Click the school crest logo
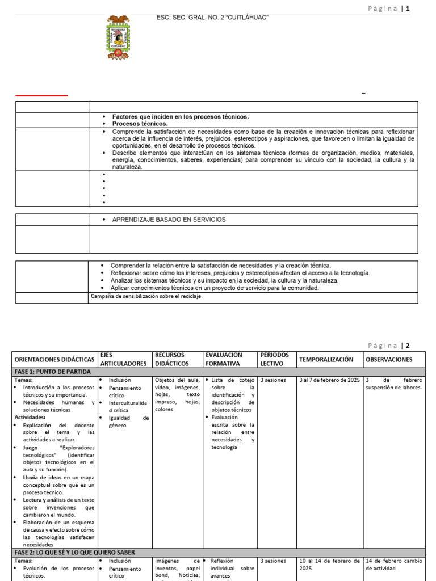[x=118, y=37]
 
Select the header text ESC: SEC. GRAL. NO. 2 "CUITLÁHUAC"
[x=212, y=18]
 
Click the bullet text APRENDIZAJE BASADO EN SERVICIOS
[x=169, y=220]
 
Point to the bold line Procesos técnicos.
[x=140, y=124]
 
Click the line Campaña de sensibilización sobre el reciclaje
[x=146, y=296]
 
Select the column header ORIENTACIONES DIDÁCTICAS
[x=54, y=360]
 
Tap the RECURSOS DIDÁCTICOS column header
[x=173, y=359]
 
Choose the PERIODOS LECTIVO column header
[x=275, y=359]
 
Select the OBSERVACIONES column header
[x=389, y=360]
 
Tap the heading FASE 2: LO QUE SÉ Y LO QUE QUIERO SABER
[x=74, y=552]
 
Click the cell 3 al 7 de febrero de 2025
[x=329, y=380]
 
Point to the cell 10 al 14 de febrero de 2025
[x=329, y=565]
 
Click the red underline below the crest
[x=41, y=96]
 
